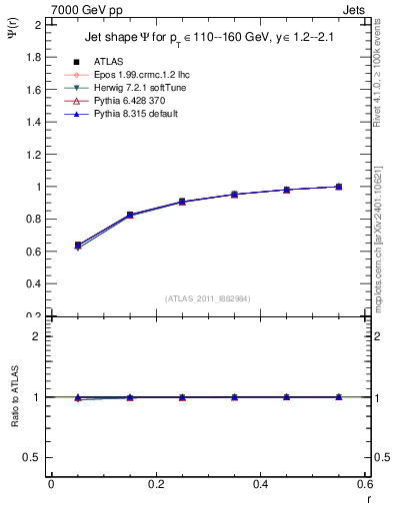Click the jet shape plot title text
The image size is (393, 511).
tap(206, 39)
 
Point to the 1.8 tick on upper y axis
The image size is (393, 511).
tap(33, 57)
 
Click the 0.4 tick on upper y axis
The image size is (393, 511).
tap(33, 283)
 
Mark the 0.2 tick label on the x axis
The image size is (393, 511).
tap(155, 484)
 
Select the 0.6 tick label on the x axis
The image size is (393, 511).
tap(364, 484)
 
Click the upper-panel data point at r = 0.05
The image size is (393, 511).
tap(78, 245)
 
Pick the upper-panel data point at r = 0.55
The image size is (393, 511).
tap(339, 187)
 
